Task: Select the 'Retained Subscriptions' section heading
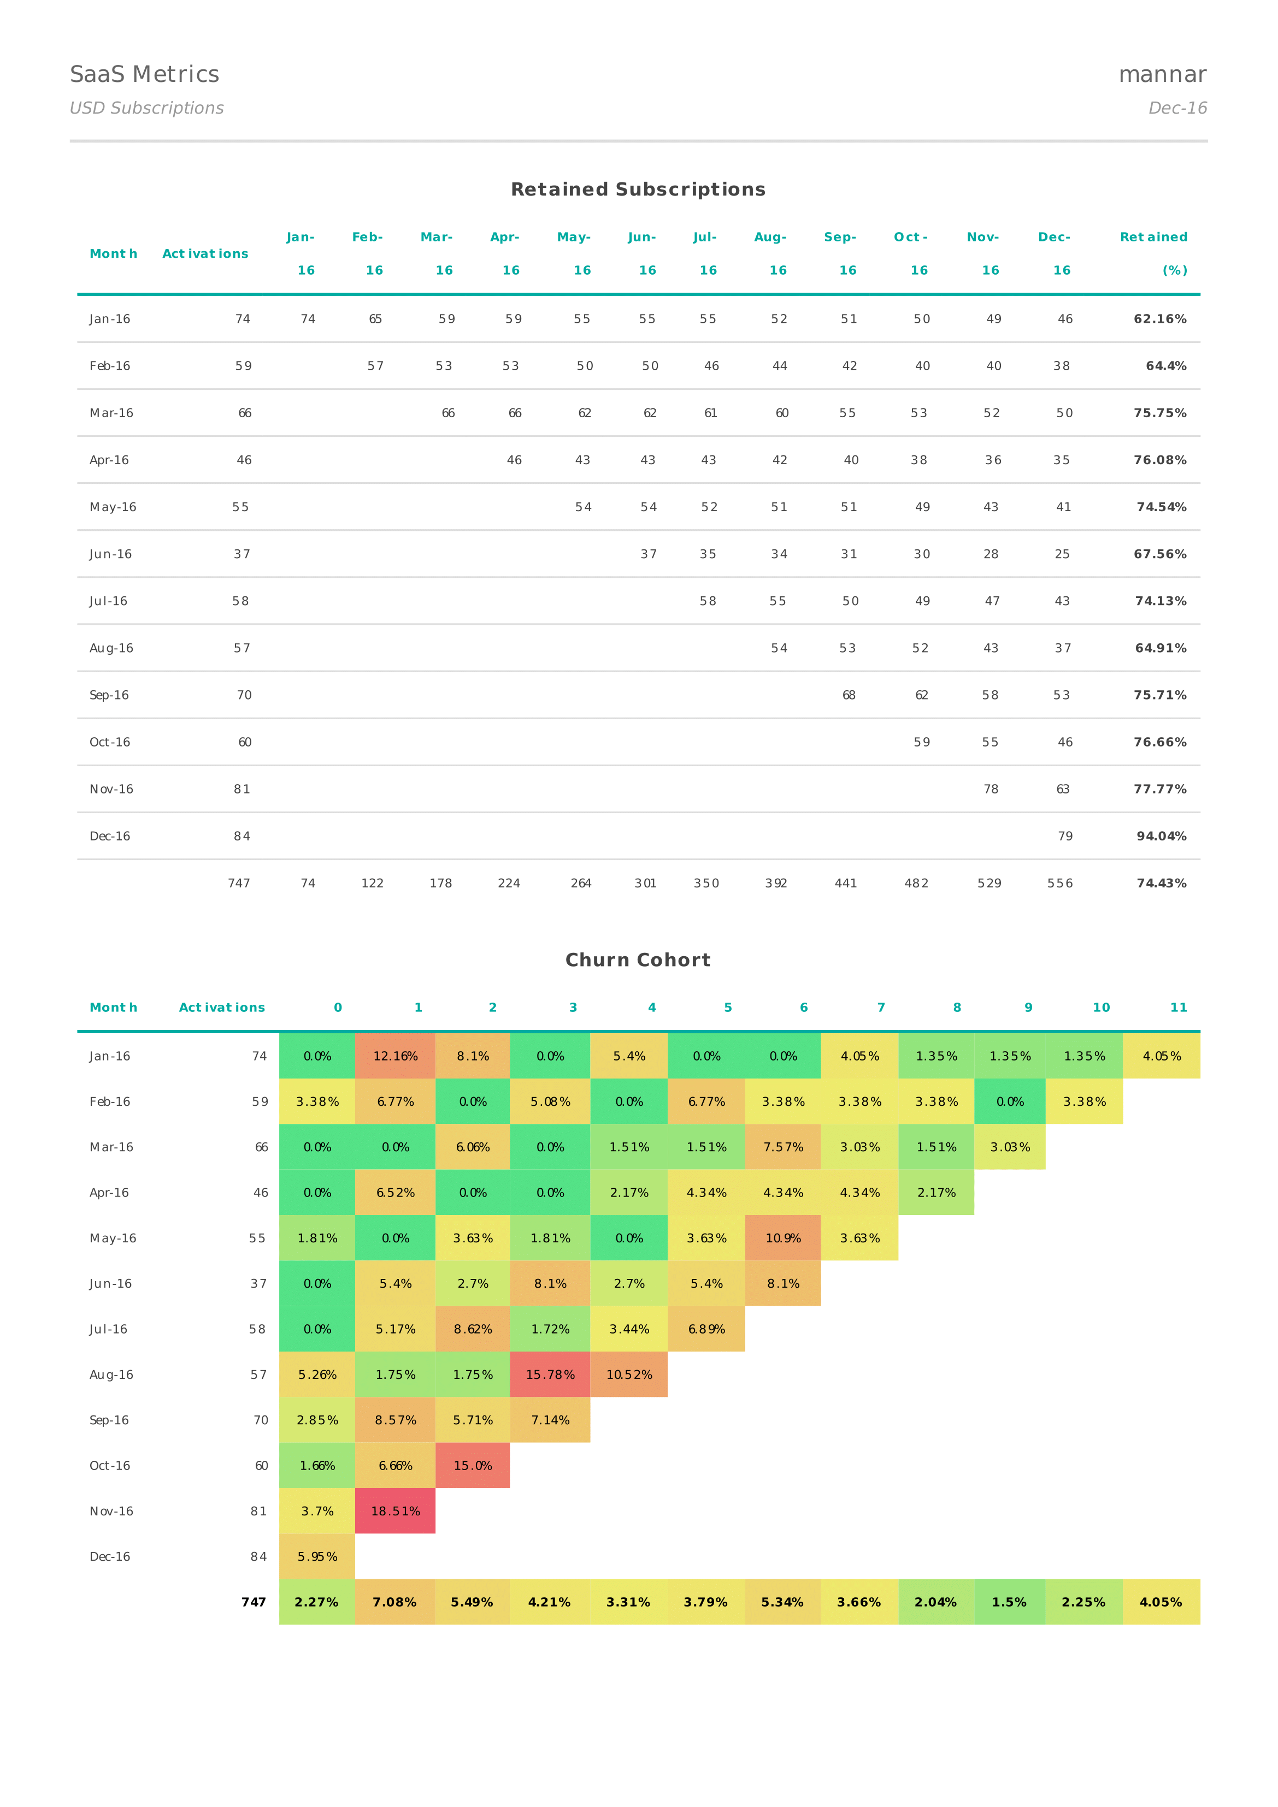[638, 189]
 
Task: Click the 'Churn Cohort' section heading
[638, 960]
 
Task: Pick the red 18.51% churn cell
[395, 1511]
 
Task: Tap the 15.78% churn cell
[550, 1374]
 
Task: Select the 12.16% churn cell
[395, 1056]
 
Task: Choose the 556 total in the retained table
[1060, 883]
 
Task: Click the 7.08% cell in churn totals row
[394, 1602]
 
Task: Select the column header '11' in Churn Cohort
[1178, 1008]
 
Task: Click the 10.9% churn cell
[784, 1238]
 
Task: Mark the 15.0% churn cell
[473, 1466]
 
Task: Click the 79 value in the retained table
[1064, 836]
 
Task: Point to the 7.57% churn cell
[784, 1147]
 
